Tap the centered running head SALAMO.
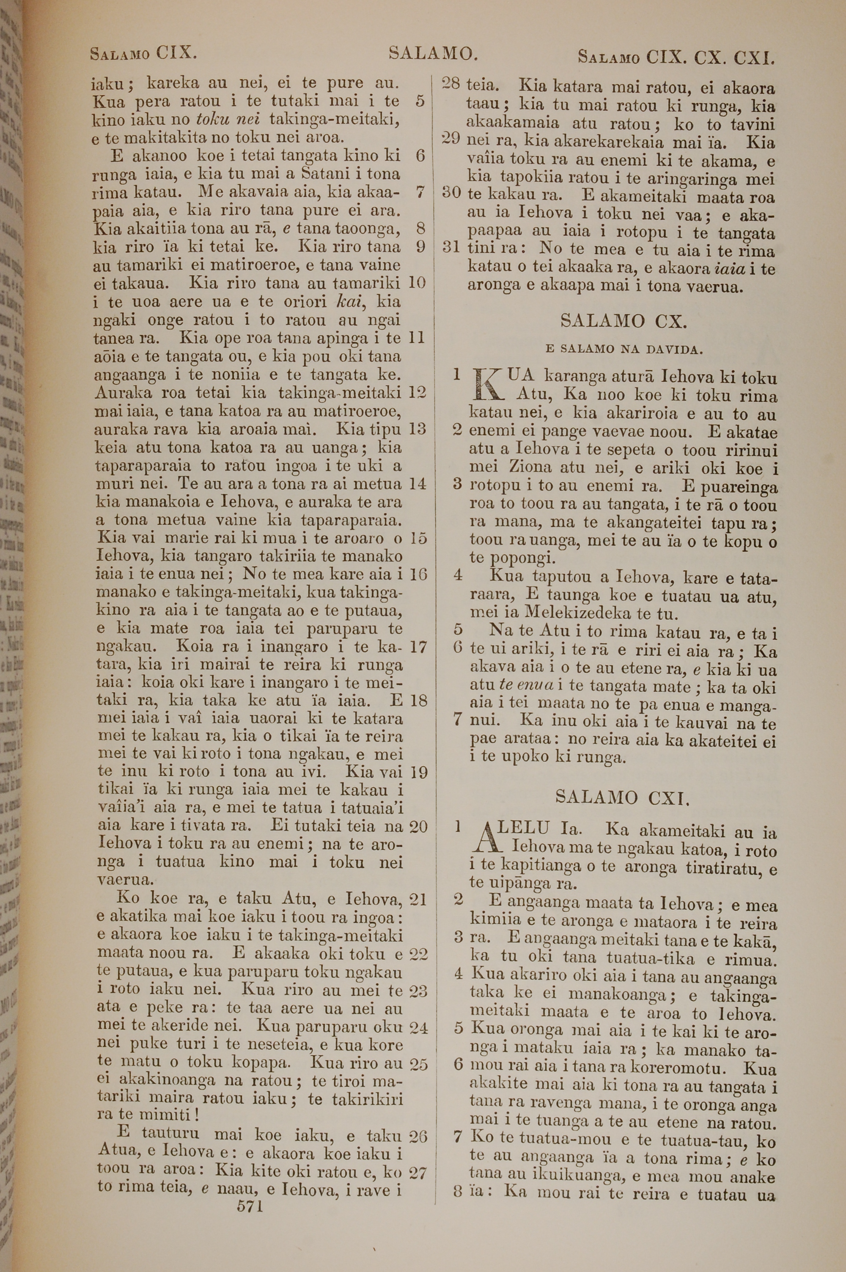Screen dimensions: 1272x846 pos(433,53)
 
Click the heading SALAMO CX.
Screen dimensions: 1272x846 pos(624,322)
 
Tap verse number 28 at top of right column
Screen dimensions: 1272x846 pos(451,84)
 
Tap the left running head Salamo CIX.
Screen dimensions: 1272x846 pos(143,54)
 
